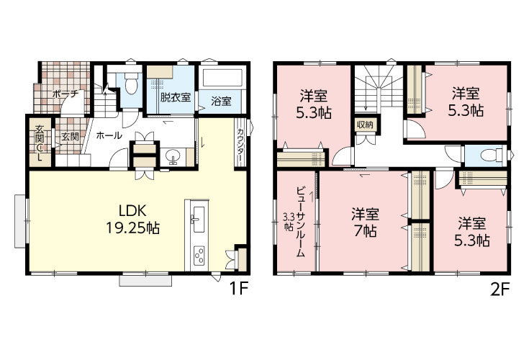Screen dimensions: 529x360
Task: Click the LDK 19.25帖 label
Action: tap(132, 220)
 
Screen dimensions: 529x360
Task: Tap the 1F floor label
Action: tap(239, 289)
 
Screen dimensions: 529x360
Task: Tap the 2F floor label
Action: tap(499, 289)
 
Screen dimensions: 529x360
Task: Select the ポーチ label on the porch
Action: tap(65, 94)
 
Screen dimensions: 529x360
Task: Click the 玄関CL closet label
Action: tap(40, 143)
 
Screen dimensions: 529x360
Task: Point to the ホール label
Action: tap(109, 135)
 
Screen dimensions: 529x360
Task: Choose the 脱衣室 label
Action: tap(176, 97)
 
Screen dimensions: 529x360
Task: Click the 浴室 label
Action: tap(222, 101)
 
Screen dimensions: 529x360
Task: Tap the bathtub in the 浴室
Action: tap(222, 78)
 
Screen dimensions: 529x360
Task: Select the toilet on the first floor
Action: tap(130, 84)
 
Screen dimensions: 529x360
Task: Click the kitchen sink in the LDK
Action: tap(198, 220)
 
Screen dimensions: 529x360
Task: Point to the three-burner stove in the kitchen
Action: tap(199, 256)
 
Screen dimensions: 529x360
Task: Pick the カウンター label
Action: tap(240, 145)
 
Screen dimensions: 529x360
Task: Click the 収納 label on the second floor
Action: tap(365, 125)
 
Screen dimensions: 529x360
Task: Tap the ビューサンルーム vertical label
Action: tap(300, 222)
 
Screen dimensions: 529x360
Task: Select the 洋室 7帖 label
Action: tap(365, 222)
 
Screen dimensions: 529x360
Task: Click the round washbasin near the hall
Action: tap(173, 156)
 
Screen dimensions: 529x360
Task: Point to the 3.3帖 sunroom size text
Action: tap(288, 221)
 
